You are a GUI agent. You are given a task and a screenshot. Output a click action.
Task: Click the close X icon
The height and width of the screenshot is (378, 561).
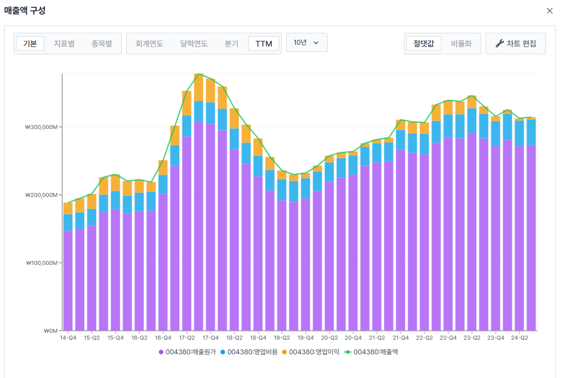tap(550, 11)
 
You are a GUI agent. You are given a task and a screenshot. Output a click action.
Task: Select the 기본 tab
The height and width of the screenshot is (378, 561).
tap(30, 43)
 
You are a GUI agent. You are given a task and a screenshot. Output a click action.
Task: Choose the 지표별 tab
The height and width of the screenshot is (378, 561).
tap(64, 43)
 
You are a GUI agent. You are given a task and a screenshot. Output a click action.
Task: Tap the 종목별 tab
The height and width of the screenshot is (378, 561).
tap(102, 43)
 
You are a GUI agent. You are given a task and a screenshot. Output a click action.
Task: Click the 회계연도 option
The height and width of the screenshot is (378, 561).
tap(149, 43)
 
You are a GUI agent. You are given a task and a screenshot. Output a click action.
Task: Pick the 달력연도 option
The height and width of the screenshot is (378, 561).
tap(194, 43)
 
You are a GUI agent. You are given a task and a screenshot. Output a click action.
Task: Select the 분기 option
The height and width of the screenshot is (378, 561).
tap(231, 43)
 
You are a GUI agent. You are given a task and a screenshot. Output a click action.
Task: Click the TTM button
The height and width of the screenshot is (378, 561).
tap(264, 43)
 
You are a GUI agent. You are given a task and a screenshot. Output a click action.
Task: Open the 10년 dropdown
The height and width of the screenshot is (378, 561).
tap(307, 42)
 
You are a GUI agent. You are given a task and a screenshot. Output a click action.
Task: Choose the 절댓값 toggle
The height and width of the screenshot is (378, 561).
tap(424, 43)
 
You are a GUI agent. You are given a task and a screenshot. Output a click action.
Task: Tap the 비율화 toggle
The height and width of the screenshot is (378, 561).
tap(461, 43)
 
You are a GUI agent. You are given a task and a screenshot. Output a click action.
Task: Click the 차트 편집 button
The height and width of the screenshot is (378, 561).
tap(516, 43)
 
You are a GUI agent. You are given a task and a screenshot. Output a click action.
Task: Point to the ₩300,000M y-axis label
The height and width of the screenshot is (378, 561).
tap(42, 127)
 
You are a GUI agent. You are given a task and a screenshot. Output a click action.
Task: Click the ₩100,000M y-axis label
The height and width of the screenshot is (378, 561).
tap(42, 263)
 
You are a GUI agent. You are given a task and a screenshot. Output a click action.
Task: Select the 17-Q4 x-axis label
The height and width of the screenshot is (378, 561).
tap(210, 338)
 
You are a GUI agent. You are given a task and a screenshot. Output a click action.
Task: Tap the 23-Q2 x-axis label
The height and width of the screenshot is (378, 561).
tap(472, 338)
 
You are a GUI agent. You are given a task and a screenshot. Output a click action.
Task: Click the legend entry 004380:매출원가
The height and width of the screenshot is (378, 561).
tap(187, 352)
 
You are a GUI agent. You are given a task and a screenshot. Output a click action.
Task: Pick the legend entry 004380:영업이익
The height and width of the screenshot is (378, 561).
tap(310, 352)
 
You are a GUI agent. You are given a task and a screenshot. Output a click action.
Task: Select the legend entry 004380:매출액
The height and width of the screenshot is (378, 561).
tap(371, 352)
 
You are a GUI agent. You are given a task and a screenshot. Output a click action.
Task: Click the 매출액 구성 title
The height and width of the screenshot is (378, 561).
tap(25, 10)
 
